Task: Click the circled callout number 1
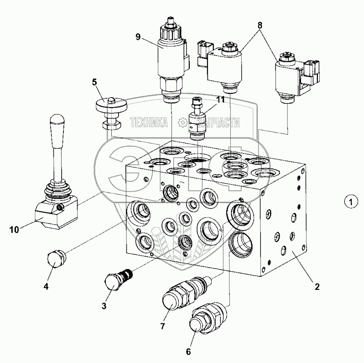click(348, 201)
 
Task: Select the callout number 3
click(104, 306)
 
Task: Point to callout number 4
click(46, 287)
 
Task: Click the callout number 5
click(94, 83)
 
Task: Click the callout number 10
click(14, 229)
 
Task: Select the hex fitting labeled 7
click(177, 296)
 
